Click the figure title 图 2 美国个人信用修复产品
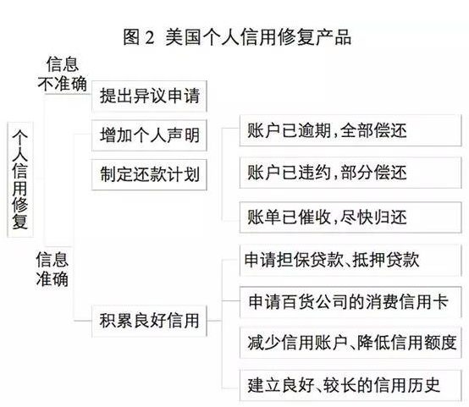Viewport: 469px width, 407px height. tap(237, 37)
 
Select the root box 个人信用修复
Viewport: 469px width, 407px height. tap(20, 179)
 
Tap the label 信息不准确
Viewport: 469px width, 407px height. tap(62, 74)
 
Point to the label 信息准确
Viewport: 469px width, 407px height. tap(52, 269)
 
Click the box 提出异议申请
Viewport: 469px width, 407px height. tap(149, 96)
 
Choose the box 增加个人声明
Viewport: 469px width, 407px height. tap(149, 135)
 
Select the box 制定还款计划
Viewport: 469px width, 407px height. tap(149, 174)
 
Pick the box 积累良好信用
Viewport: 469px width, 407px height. tap(149, 321)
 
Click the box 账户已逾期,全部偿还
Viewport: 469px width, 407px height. tap(350, 130)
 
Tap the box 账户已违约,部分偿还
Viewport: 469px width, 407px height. tap(350, 173)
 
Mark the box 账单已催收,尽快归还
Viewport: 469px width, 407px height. tap(350, 217)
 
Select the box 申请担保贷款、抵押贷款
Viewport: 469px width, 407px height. tap(350, 260)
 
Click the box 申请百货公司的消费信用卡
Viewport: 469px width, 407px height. tap(350, 302)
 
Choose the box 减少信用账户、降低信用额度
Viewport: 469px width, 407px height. tap(350, 343)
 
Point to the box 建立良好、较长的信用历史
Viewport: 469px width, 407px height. tap(350, 386)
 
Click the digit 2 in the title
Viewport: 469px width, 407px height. tap(150, 38)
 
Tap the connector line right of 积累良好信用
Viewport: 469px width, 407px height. tap(214, 321)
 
